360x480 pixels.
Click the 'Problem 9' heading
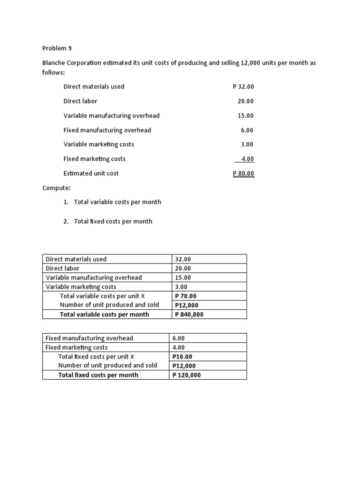57,48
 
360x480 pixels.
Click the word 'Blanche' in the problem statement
55,63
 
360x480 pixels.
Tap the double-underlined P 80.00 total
243,173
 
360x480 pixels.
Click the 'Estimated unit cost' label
91,173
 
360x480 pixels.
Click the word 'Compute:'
56,188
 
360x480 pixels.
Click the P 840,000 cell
189,315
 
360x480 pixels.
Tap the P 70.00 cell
186,296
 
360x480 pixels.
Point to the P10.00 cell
182,357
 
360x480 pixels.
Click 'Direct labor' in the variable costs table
62,269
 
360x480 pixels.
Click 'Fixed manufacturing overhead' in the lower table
89,338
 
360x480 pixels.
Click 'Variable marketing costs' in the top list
98,144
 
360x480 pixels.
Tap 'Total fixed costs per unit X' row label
96,356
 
